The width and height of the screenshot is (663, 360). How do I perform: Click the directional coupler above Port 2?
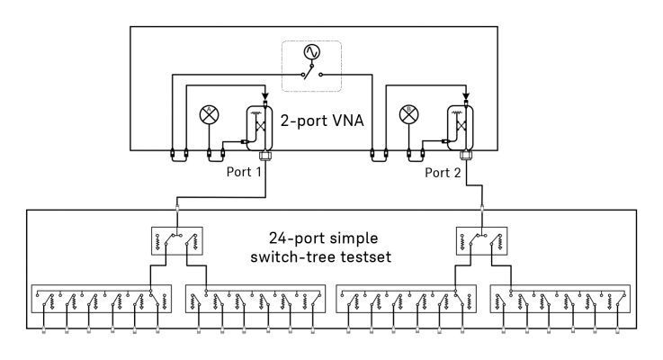click(464, 127)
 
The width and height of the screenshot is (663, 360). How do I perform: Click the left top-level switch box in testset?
click(176, 240)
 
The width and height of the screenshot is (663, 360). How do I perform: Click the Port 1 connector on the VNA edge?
click(264, 155)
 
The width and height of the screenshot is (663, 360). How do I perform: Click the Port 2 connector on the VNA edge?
click(465, 155)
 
